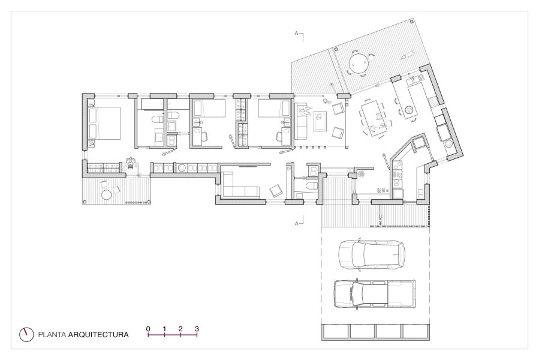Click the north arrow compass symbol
coord(26,334)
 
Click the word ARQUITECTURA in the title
coord(98,335)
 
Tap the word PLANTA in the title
coord(52,335)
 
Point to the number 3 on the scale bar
coord(197,329)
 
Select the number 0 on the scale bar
coord(148,329)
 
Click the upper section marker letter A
coord(296,34)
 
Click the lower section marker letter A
coord(296,224)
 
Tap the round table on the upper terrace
coord(359,63)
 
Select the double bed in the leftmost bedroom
coord(104,123)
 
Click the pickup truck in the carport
coord(375,293)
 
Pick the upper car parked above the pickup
coord(372,254)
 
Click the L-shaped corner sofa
coord(240,186)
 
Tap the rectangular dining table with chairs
coord(374,118)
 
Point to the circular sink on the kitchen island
coord(409,110)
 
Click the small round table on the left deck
coord(107,195)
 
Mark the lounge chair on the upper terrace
coord(408,55)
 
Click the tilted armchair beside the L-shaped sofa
coord(276,190)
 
